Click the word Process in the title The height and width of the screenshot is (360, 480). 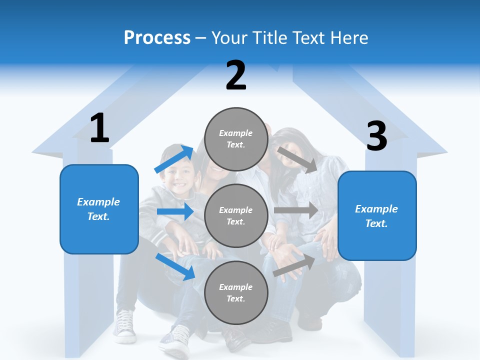coord(157,37)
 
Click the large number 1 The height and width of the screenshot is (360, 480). coord(99,128)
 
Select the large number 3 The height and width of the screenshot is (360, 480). coord(377,136)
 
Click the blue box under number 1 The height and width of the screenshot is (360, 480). coord(99,209)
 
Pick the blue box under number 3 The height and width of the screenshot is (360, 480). coord(377,216)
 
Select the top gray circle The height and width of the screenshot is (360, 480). coord(236,138)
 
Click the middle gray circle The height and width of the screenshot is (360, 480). coord(236,215)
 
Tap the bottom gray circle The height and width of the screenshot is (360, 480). coord(236,292)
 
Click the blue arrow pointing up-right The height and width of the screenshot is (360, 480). coord(174,159)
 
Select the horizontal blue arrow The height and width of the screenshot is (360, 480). coord(175,211)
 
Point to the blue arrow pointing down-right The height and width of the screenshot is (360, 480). coord(175,266)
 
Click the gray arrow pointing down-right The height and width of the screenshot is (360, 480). coord(297,159)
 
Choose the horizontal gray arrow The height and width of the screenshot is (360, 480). coord(296,210)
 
